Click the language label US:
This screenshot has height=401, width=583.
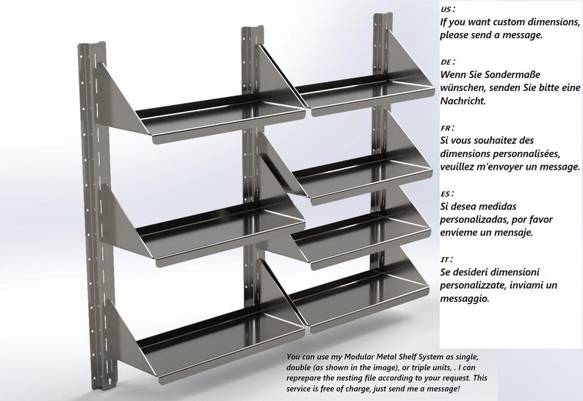[x=446, y=10]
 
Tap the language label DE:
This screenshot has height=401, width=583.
[x=447, y=62]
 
